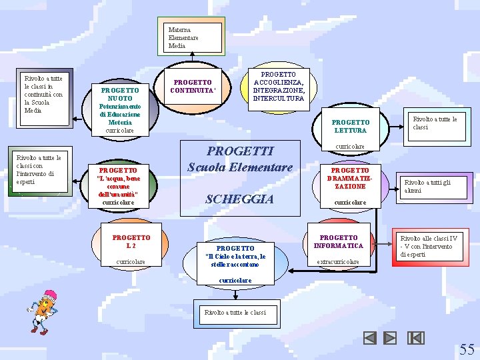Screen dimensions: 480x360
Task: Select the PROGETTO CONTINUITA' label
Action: coord(193,87)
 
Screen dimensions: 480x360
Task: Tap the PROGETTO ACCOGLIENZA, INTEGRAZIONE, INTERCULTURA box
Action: coord(279,87)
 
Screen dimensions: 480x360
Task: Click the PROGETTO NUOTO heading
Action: coord(120,95)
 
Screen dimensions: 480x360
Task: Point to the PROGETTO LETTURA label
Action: coord(350,126)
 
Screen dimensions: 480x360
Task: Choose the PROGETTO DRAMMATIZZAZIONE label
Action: coord(350,178)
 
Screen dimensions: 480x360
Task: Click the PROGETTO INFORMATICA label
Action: coord(339,241)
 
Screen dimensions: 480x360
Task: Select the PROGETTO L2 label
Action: coord(131,241)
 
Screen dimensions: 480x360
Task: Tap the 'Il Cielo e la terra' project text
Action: coord(235,256)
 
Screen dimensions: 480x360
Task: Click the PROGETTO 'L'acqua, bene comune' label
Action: coord(119,182)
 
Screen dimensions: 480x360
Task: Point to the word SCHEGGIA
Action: coord(239,199)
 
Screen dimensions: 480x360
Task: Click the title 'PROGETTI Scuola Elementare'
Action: coord(240,159)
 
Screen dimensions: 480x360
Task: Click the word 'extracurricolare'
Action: coord(337,262)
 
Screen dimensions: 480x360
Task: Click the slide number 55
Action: coord(467,349)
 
